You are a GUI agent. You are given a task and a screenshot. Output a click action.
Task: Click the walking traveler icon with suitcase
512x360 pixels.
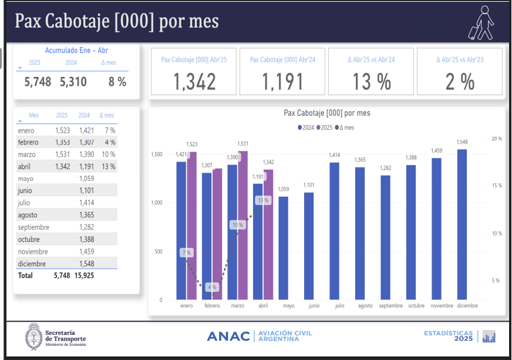point(481,22)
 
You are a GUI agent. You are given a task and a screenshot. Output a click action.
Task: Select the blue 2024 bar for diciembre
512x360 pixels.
point(462,224)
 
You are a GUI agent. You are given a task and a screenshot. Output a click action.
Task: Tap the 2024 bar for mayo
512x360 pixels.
point(283,248)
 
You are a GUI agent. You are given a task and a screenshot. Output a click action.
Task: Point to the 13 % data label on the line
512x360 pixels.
point(263,200)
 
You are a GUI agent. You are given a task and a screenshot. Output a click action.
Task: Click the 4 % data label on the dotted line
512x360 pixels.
point(212,287)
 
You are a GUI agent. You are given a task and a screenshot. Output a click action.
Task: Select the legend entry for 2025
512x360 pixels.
point(325,127)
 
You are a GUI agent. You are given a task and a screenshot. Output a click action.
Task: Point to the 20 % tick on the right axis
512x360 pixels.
point(496,139)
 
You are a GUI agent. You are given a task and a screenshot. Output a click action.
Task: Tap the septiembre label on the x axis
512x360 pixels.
point(390,305)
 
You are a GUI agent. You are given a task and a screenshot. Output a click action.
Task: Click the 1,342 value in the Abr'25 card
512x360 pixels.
point(194,82)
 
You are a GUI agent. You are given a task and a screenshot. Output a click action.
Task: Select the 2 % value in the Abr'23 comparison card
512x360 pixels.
point(460,82)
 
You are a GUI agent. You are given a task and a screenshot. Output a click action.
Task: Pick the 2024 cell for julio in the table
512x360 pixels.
point(86,203)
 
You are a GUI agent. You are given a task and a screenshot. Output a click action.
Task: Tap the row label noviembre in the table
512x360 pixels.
point(34,251)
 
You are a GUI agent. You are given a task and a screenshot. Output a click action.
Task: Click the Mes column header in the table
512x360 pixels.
point(33,116)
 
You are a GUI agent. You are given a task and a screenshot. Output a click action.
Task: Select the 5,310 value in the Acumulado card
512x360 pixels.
point(73,82)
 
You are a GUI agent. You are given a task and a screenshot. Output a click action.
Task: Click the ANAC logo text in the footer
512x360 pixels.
point(229,336)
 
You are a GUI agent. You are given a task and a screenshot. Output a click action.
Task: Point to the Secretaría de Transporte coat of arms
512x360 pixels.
point(33,337)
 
